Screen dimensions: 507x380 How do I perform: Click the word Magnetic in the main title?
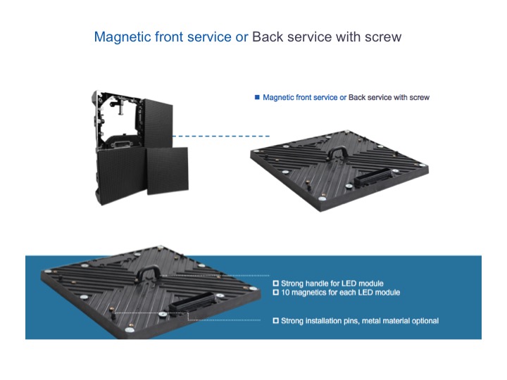(x=123, y=37)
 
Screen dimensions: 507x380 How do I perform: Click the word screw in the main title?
(x=383, y=37)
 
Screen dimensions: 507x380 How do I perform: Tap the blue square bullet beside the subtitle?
(x=257, y=97)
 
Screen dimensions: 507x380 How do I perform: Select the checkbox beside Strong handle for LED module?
(x=275, y=284)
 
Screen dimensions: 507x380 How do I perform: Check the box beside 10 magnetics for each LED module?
(x=275, y=293)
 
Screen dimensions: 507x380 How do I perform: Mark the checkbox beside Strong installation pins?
(x=275, y=321)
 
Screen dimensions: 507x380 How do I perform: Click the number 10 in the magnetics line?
(x=285, y=293)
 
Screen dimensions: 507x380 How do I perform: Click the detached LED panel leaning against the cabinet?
(x=168, y=171)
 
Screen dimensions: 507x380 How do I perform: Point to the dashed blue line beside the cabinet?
(x=221, y=137)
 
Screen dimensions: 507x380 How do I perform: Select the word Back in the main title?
(x=268, y=37)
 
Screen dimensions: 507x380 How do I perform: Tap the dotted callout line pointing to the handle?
(x=215, y=276)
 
